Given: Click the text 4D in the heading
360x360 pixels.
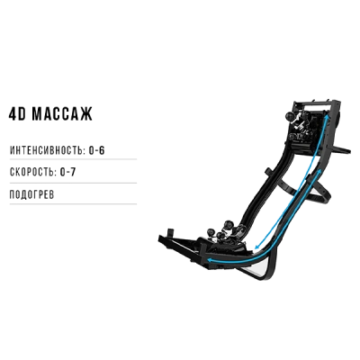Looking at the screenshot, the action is coord(18,113).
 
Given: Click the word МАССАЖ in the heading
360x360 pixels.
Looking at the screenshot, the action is coord(62,113).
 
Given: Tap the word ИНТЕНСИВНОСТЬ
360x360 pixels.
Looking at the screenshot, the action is coord(48,150).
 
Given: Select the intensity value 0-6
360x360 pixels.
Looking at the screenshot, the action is coord(96,150).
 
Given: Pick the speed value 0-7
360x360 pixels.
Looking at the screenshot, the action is coord(67,172).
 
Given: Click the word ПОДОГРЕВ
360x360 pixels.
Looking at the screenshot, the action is coord(32,194).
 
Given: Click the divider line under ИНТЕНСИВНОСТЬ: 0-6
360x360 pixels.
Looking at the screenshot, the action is coord(73,159).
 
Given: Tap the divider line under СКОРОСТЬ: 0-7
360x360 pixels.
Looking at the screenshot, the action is coord(73,183).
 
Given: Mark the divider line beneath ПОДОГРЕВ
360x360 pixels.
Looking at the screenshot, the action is coord(73,204).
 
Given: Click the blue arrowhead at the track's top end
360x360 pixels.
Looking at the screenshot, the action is coord(328,116).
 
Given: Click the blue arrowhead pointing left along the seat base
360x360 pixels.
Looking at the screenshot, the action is coord(211,260).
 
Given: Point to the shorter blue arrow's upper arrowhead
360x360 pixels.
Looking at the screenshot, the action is coord(319,171).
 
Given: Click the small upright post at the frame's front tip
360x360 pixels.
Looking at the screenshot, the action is coord(171,233).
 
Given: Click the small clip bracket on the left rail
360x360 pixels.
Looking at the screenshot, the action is coord(268,173).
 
